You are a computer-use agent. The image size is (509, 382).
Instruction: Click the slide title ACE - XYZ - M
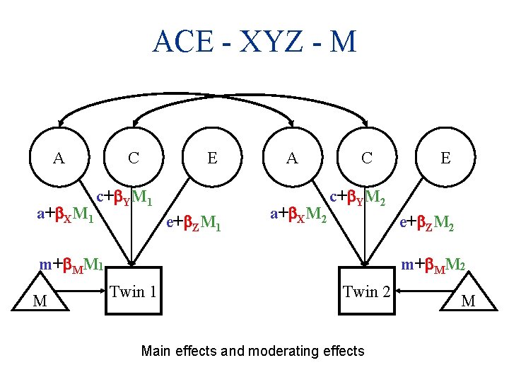click(255, 42)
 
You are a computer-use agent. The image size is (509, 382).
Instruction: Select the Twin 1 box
click(133, 291)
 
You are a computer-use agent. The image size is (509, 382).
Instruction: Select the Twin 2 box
click(365, 291)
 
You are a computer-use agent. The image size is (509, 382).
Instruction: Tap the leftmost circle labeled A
click(59, 158)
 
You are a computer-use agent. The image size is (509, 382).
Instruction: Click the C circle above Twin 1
click(134, 158)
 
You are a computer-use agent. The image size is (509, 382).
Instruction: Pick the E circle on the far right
click(445, 158)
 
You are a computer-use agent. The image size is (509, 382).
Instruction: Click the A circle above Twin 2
click(292, 158)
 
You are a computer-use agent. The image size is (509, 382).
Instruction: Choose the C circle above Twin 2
click(366, 158)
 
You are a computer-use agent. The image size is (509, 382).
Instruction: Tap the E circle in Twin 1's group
click(212, 158)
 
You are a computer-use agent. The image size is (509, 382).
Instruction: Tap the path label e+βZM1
click(193, 225)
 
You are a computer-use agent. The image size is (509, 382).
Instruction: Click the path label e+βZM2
click(426, 225)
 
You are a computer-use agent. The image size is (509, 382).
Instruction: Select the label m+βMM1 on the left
click(71, 265)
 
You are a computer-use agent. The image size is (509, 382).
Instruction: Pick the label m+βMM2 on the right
click(433, 265)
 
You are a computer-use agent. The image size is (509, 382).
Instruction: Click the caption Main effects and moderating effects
click(253, 351)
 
